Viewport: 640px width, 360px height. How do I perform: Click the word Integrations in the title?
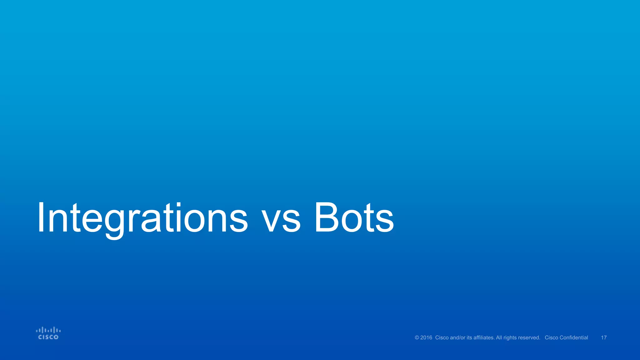(142, 218)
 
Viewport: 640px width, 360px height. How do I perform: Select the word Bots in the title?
(354, 218)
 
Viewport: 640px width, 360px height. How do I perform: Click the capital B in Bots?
(326, 218)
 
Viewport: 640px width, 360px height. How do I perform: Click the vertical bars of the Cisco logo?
(48, 330)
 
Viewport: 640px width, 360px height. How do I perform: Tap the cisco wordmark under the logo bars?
(48, 337)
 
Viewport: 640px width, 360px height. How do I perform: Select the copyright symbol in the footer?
(417, 338)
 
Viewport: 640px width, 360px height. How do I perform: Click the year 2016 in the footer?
(426, 338)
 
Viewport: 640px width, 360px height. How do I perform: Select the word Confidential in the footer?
(574, 338)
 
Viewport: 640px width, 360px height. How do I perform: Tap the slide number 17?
(604, 338)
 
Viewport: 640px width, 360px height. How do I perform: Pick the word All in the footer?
(499, 338)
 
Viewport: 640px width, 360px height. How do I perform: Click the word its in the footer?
(469, 338)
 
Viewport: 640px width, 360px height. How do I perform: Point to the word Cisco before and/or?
(442, 338)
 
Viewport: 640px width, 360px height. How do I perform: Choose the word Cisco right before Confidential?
(552, 338)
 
